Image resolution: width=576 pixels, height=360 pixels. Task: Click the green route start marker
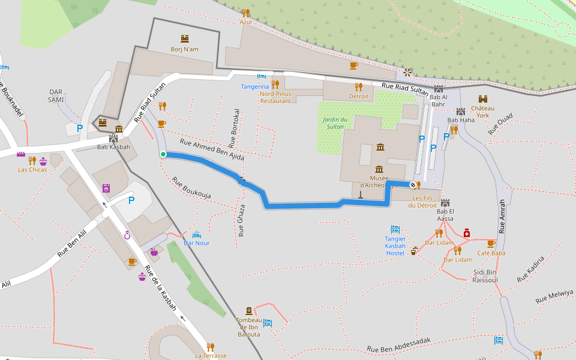click(x=163, y=154)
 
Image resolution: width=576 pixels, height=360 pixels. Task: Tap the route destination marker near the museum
click(x=413, y=184)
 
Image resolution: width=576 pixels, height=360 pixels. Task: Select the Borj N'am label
click(x=184, y=49)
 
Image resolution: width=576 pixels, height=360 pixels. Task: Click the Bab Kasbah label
click(x=113, y=147)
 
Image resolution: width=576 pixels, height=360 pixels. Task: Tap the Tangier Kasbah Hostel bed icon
click(x=395, y=229)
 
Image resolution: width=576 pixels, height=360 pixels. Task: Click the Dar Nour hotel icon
click(x=197, y=234)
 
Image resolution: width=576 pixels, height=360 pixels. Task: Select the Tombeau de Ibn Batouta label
click(x=249, y=327)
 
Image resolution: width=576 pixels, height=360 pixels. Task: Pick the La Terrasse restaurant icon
click(x=210, y=347)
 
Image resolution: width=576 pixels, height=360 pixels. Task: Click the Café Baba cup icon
click(x=491, y=244)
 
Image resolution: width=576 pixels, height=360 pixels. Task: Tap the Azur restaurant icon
click(x=245, y=13)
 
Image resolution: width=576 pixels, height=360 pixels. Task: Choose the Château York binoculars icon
click(x=482, y=99)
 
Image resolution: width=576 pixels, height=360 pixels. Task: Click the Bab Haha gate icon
click(x=461, y=111)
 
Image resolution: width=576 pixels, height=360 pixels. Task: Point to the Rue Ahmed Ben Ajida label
click(x=212, y=149)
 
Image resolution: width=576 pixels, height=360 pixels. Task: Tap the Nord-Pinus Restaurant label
click(x=275, y=97)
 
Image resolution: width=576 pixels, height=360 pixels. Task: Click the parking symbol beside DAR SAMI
click(x=79, y=128)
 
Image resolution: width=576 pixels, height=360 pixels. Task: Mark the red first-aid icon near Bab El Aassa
click(x=466, y=233)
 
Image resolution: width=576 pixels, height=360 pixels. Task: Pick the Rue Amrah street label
click(x=502, y=217)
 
